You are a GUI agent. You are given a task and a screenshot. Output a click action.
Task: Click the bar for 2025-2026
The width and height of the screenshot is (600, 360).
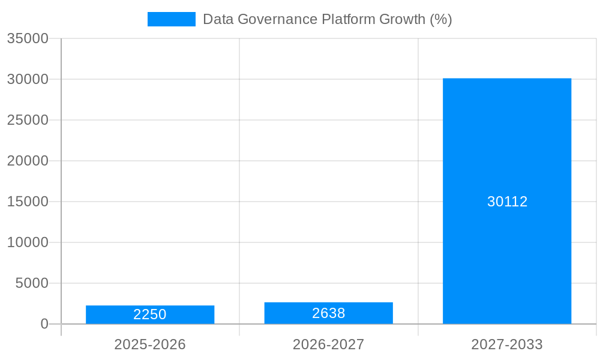tap(150, 314)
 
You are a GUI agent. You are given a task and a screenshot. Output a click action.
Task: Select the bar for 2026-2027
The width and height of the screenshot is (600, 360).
tap(328, 313)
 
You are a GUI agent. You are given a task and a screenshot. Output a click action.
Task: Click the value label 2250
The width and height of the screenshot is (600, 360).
tap(150, 314)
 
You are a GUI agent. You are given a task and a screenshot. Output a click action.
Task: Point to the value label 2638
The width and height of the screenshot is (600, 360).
tap(328, 313)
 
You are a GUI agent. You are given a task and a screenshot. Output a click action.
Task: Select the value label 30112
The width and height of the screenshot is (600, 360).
tap(507, 202)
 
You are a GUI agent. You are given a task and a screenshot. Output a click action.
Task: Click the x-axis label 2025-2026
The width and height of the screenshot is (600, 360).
tap(150, 344)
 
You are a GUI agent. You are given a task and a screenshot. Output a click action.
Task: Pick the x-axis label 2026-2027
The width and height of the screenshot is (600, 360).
tap(328, 344)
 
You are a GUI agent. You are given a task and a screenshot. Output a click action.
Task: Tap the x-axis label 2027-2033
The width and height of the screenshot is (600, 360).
tap(507, 344)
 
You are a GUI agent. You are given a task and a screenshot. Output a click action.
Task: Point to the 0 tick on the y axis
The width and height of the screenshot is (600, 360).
tap(44, 324)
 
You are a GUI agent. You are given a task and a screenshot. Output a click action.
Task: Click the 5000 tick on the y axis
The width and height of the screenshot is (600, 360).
tap(32, 283)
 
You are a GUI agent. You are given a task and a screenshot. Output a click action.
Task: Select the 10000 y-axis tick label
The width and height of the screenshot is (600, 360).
tap(28, 242)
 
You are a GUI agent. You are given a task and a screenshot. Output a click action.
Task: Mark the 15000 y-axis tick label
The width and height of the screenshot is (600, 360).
tap(28, 202)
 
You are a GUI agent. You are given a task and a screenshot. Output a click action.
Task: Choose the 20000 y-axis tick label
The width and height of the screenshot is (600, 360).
tap(28, 161)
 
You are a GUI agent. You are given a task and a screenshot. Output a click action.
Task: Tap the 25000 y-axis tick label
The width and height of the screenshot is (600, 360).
tap(28, 120)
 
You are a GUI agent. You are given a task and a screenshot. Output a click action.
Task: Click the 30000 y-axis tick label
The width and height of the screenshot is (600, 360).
tap(28, 79)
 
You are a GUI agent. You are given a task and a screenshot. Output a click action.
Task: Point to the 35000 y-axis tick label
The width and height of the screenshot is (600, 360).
tap(28, 38)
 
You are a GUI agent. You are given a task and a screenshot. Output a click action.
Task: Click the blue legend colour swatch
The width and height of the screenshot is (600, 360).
tap(172, 19)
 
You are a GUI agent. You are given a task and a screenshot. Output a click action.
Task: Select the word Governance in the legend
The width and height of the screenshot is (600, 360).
tap(276, 19)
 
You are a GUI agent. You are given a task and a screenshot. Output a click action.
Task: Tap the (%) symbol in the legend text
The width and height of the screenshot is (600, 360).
tap(441, 19)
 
